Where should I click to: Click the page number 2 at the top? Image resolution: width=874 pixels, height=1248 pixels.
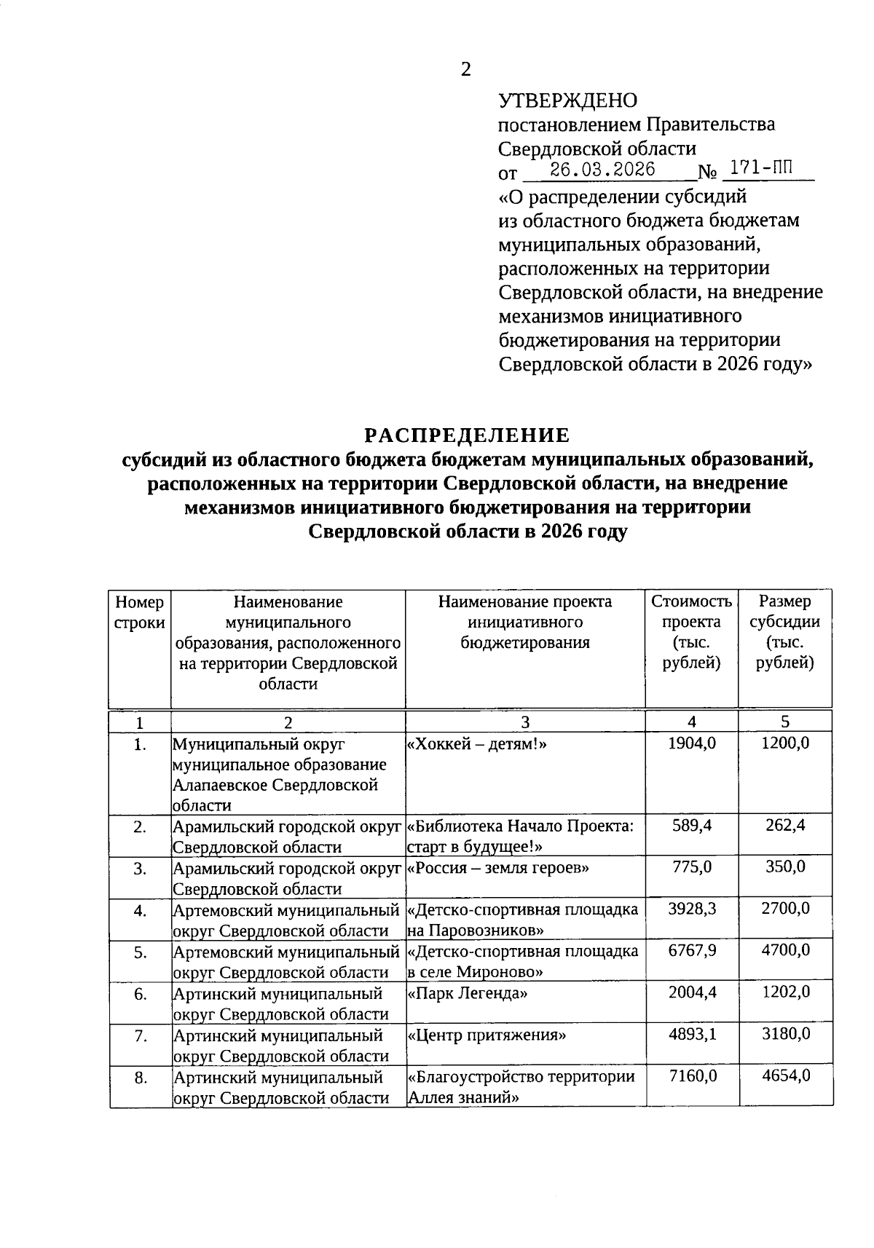466,69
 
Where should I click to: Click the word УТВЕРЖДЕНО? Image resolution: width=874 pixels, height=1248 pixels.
567,100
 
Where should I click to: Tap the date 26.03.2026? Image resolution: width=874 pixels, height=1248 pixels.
603,170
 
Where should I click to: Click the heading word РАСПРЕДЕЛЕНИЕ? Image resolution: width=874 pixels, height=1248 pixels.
467,435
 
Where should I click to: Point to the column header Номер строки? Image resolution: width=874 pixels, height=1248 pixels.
140,612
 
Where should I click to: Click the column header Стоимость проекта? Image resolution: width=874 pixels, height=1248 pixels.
691,632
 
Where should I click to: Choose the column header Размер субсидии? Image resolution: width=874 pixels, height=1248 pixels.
784,632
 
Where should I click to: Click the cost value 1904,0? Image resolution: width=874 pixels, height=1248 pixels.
692,743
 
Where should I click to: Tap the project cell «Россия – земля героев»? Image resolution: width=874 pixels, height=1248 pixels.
497,868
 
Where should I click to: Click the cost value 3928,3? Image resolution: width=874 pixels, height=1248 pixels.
692,909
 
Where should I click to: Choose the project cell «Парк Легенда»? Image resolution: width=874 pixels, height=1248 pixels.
468,993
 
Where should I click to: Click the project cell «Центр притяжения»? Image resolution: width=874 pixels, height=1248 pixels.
487,1035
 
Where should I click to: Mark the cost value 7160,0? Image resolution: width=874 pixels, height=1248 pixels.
693,1075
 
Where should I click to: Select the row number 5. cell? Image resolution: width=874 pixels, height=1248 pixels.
141,952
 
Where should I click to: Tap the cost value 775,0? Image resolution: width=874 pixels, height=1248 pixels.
693,867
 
